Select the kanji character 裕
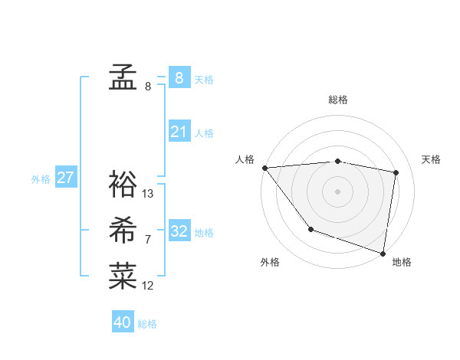pyautogui.click(x=123, y=184)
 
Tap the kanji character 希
pyautogui.click(x=123, y=230)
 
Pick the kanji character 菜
pyautogui.click(x=123, y=276)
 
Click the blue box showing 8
pyautogui.click(x=179, y=77)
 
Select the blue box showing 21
pyautogui.click(x=179, y=132)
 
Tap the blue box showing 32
pyautogui.click(x=179, y=231)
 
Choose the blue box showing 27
pyautogui.click(x=65, y=178)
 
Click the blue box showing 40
pyautogui.click(x=123, y=322)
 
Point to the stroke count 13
pyautogui.click(x=148, y=194)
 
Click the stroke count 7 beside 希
pyautogui.click(x=147, y=240)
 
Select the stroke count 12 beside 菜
pyautogui.click(x=148, y=286)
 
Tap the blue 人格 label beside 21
pyautogui.click(x=204, y=133)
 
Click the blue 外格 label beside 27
pyautogui.click(x=41, y=179)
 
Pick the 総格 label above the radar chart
pyautogui.click(x=338, y=100)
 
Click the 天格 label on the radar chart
pyautogui.click(x=431, y=159)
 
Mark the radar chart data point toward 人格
pyautogui.click(x=264, y=168)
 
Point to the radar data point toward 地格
pyautogui.click(x=383, y=252)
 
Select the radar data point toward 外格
pyautogui.click(x=310, y=229)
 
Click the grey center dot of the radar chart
pyautogui.click(x=338, y=191)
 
